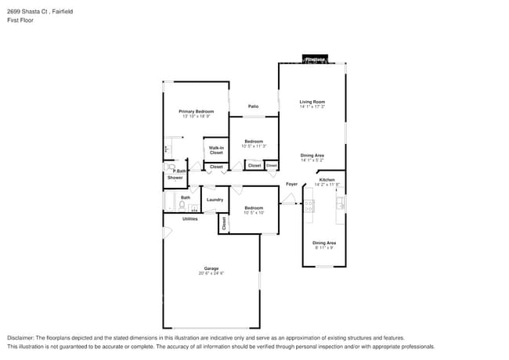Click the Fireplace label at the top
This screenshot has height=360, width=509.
click(316, 59)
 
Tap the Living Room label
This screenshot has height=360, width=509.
click(312, 102)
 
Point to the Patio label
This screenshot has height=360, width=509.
click(254, 106)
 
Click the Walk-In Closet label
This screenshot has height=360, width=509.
click(216, 150)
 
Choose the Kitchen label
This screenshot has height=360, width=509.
click(327, 180)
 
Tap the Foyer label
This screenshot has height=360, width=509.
click(291, 185)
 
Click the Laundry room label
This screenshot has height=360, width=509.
click(215, 200)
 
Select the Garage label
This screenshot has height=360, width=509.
click(211, 268)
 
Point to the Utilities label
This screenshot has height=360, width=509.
click(190, 219)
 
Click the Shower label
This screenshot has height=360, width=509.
click(175, 178)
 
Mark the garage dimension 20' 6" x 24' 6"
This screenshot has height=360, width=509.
click(211, 273)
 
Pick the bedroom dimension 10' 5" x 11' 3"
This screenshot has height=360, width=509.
click(254, 146)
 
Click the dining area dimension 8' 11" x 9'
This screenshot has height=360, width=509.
click(324, 247)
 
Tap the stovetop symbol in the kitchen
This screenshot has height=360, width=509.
click(309, 206)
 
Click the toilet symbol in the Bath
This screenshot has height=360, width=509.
click(181, 207)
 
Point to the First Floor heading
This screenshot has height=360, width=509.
click(20, 20)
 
